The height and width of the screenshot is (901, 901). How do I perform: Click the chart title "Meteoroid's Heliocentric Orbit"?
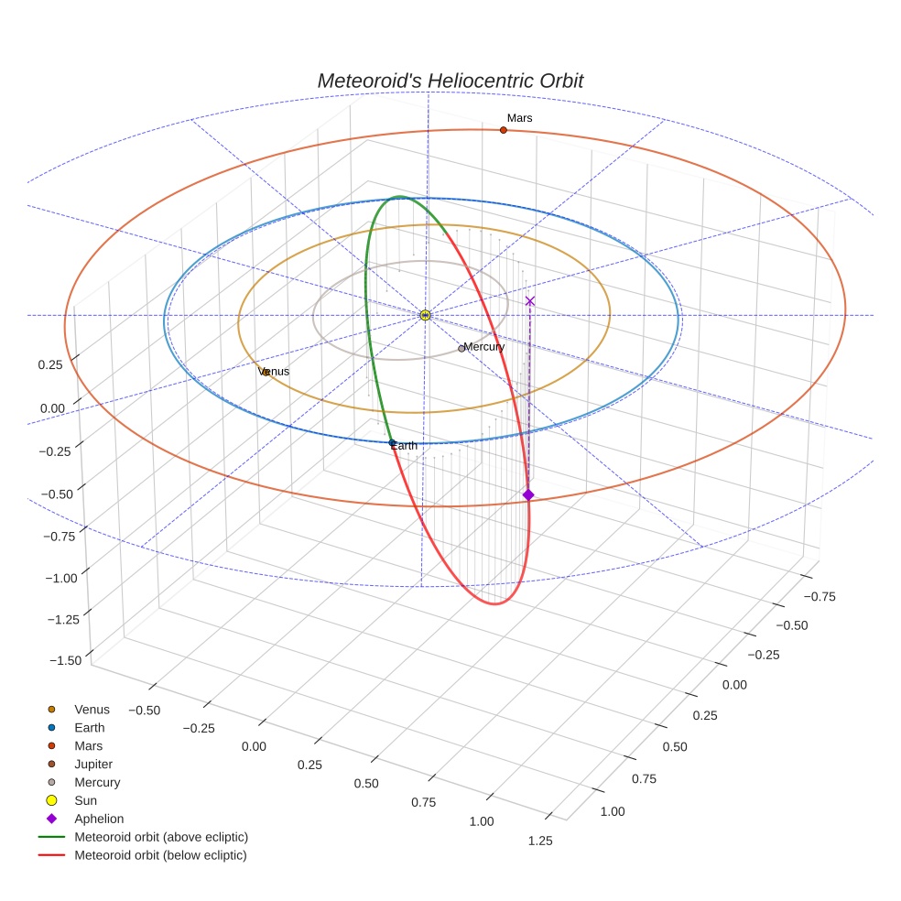(450, 81)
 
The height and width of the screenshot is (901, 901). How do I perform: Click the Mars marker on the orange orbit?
(503, 130)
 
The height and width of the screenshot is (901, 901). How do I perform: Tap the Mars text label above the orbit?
(519, 118)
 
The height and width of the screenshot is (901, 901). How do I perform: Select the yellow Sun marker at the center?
(425, 315)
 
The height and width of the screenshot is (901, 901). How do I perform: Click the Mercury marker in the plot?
(461, 349)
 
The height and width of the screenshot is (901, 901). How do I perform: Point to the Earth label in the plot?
(404, 446)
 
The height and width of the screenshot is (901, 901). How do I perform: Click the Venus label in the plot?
(274, 372)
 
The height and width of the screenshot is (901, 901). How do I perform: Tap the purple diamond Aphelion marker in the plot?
(528, 494)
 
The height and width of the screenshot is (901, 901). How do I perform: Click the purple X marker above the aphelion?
(529, 300)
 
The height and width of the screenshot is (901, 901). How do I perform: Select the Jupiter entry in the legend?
(93, 764)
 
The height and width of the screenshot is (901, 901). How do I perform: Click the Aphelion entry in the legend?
(99, 819)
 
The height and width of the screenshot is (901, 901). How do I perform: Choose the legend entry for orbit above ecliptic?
(161, 837)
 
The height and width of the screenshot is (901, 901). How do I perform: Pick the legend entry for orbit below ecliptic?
(160, 855)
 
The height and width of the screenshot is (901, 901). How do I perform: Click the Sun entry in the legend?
(85, 800)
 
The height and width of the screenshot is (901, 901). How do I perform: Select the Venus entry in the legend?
(92, 709)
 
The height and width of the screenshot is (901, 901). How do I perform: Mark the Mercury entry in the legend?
(97, 782)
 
